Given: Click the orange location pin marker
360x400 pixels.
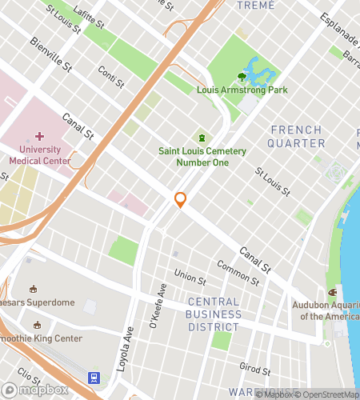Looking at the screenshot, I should pos(181,200).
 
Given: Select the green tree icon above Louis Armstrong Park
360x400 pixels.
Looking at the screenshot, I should pos(242,77).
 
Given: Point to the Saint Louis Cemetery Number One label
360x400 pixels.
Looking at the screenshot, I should pos(202,158).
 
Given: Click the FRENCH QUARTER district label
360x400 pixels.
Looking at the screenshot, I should pos(298,137).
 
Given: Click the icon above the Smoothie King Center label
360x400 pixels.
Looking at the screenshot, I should pos(36,326).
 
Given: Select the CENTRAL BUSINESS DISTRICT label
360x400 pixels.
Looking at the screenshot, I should pos(214,314).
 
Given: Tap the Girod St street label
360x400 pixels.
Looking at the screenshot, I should pos(254,368).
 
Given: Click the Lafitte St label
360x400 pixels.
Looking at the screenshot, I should pos(89,16).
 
